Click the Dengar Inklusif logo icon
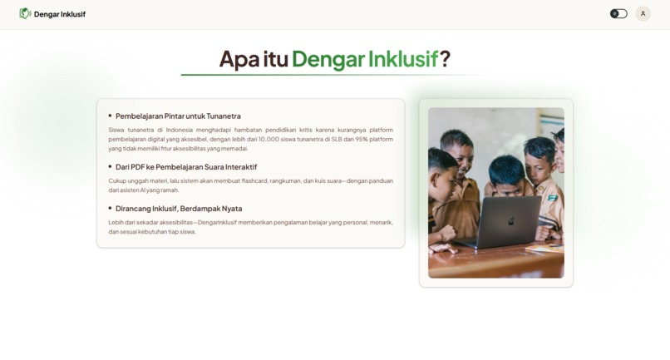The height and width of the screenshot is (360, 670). click(x=25, y=13)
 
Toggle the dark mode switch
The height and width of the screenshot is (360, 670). click(x=618, y=13)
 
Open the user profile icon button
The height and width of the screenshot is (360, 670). click(x=643, y=13)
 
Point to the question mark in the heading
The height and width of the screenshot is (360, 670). click(x=445, y=59)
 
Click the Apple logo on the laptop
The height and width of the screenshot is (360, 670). click(x=510, y=222)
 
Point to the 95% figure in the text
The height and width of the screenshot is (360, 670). click(x=361, y=139)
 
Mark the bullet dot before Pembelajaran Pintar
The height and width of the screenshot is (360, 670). click(x=110, y=116)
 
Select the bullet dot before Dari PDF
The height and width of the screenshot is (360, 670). click(x=110, y=166)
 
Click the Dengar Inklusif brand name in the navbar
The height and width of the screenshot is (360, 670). click(x=60, y=14)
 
